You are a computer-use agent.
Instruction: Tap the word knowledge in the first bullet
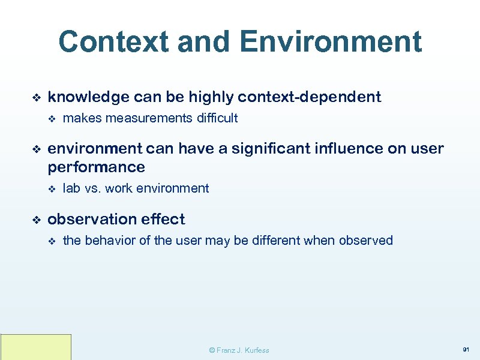88,97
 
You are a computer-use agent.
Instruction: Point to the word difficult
217,118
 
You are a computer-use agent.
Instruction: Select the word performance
96,166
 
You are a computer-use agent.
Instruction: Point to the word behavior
112,241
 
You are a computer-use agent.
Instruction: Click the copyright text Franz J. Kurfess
239,350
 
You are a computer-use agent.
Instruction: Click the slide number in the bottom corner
465,349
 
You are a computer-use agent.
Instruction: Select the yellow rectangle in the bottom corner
35,347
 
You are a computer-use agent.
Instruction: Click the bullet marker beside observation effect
35,220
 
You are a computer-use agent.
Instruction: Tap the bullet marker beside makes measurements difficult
52,119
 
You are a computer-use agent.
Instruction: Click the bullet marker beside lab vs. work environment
52,189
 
